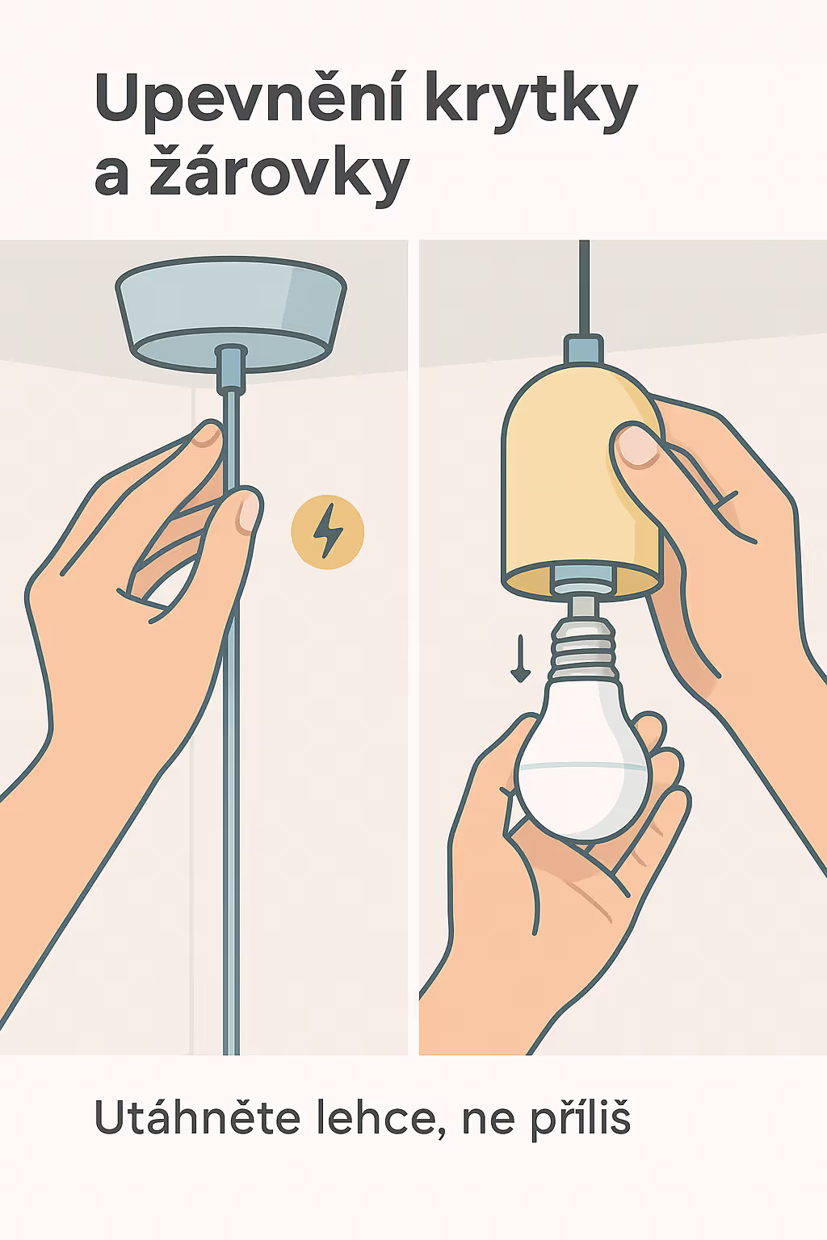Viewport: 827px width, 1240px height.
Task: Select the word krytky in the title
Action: point(531,102)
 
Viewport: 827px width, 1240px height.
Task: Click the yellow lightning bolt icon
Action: point(327,531)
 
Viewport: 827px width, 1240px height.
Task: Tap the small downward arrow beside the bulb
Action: point(520,659)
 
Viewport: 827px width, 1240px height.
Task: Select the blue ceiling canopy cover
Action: point(230,313)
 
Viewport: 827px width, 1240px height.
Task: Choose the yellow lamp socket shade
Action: point(581,482)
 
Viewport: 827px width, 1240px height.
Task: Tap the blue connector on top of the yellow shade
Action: point(583,349)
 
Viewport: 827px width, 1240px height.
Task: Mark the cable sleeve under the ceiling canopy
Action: point(232,368)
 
